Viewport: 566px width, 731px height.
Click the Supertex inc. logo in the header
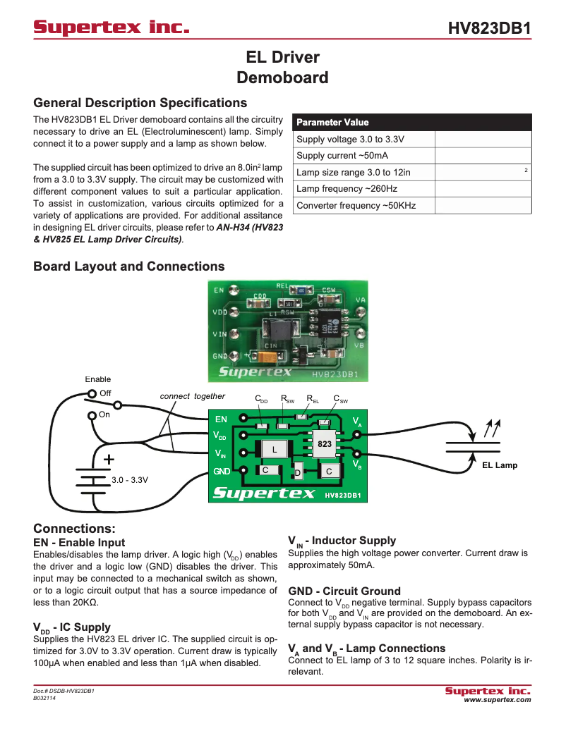click(x=112, y=28)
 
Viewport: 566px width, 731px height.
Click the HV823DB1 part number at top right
click(x=489, y=29)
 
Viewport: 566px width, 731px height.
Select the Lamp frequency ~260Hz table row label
click(x=347, y=189)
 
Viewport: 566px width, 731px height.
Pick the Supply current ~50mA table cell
click(x=342, y=156)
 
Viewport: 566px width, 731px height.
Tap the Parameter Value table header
click(x=332, y=122)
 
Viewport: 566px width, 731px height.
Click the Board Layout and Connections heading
click(x=129, y=266)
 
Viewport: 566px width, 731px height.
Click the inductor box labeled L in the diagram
click(x=275, y=449)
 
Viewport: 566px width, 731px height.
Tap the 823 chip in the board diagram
click(x=324, y=444)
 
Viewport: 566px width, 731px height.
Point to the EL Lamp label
click(x=500, y=465)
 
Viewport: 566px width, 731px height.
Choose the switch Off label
click(x=105, y=393)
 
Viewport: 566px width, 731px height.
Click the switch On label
click(x=104, y=414)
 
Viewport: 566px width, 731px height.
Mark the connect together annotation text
click(x=192, y=396)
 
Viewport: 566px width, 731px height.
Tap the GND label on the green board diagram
click(x=222, y=471)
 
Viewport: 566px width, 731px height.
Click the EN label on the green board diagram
click(x=221, y=419)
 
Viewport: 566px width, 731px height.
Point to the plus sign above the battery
click(x=109, y=459)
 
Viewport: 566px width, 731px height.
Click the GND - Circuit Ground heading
click(x=344, y=591)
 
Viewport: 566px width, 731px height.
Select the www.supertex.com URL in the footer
click(x=497, y=700)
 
